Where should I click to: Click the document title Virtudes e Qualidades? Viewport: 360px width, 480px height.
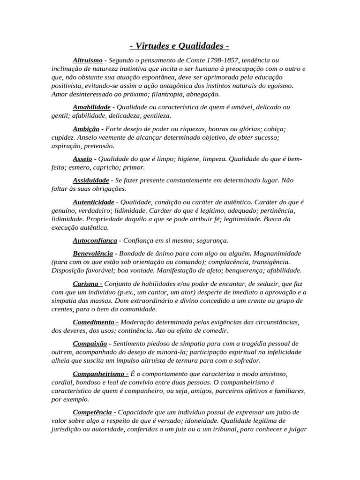click(180, 46)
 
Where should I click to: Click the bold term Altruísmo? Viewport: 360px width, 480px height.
click(88, 60)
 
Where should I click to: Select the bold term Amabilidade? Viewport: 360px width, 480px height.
click(91, 107)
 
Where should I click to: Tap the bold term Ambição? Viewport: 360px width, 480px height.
click(86, 128)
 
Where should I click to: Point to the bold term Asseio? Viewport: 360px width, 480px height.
click(82, 158)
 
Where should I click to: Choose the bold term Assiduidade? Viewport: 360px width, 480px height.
click(91, 180)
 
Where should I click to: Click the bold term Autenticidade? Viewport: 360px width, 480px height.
click(93, 202)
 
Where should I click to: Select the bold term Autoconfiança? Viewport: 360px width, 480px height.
click(95, 240)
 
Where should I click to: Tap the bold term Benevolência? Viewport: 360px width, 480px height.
click(93, 254)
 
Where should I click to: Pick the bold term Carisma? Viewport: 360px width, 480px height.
click(86, 284)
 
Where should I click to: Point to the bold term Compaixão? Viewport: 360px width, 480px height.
click(90, 344)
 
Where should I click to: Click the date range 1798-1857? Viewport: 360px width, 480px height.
click(223, 60)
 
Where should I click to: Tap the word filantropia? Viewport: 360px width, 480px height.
click(139, 94)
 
